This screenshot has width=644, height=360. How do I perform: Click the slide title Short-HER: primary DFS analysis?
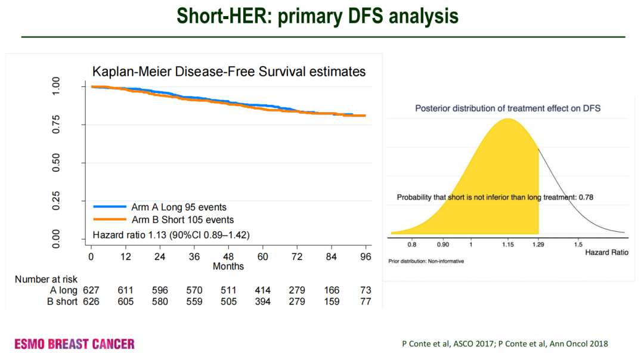(322, 16)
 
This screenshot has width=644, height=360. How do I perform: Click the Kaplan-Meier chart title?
(229, 72)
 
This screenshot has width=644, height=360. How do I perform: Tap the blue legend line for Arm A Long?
(110, 207)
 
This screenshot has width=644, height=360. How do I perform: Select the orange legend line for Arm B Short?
(110, 219)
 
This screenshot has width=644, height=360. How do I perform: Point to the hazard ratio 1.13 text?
(171, 235)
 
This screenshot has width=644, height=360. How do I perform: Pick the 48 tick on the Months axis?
(228, 256)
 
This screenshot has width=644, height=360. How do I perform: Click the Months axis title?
(228, 266)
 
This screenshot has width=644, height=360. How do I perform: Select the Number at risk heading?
(46, 279)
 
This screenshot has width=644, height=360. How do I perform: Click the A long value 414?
(262, 290)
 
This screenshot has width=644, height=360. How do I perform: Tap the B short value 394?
(262, 302)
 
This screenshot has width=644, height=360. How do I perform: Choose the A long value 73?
(366, 290)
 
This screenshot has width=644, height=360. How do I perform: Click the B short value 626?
(91, 302)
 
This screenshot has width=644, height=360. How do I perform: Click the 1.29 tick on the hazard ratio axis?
(538, 244)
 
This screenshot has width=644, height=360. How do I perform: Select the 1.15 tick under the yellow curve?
(507, 244)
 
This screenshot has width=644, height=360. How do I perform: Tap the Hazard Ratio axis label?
(606, 252)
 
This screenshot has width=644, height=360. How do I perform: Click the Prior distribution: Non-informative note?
(426, 261)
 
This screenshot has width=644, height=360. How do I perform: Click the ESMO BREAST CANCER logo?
(75, 344)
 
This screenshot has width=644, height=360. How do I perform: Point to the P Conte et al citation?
(504, 344)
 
